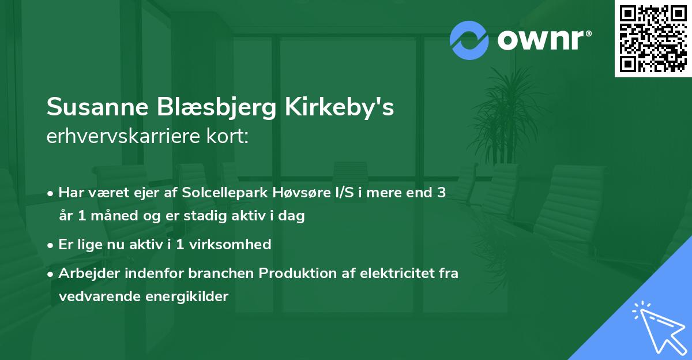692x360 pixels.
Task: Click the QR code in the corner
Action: pos(653,39)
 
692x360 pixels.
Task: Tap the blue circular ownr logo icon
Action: pos(469,40)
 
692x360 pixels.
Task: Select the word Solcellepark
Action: pos(224,193)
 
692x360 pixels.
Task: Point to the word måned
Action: pos(110,216)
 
